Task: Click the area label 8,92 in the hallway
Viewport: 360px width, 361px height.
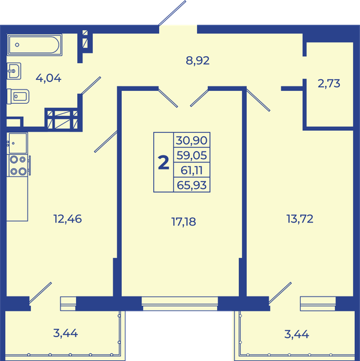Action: point(198,61)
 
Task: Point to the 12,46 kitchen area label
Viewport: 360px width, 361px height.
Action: point(68,218)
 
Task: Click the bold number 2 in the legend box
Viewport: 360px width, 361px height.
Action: point(164,162)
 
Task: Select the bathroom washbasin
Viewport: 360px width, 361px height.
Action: point(14,70)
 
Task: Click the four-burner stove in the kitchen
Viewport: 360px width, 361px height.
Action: point(17,166)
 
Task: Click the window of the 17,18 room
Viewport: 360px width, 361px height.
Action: point(180,300)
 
